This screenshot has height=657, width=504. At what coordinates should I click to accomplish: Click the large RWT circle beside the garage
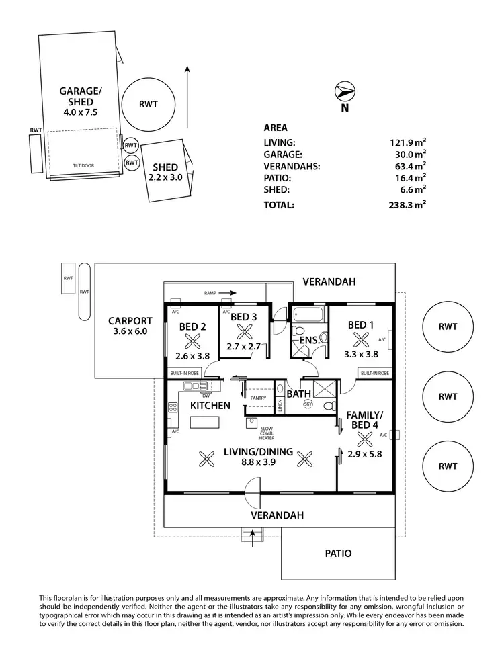coord(149,104)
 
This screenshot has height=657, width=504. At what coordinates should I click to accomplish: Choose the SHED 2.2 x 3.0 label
coord(165,172)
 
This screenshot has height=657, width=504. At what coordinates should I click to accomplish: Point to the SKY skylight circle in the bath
coord(308,404)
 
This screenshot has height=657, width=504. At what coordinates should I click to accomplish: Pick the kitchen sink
coord(194,386)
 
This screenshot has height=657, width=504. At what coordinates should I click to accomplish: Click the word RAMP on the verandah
coord(212,293)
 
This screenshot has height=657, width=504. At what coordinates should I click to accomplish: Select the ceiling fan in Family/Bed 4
coord(365,439)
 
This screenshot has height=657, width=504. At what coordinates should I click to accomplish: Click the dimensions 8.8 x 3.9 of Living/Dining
coord(258,463)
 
